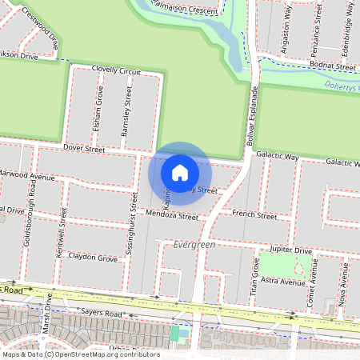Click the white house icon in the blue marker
pos(180,172)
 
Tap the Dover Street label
pos(84,149)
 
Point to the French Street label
pos(254,215)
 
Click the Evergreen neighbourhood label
pos(194,245)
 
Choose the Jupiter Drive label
pos(290,250)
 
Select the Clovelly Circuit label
pos(116,71)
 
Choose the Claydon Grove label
pos(92,258)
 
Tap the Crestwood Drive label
pos(42,26)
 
